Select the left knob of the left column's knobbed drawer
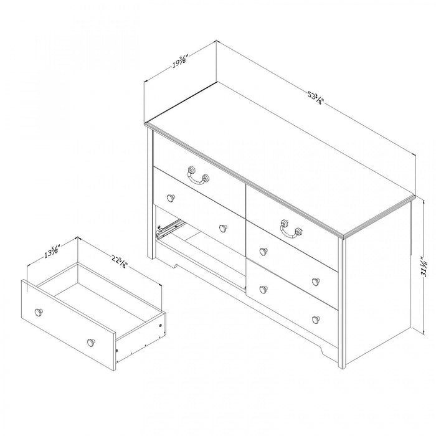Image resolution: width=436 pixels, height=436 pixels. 171,197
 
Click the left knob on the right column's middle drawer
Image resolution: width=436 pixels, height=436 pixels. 263,252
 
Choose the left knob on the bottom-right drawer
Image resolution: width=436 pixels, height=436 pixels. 263,289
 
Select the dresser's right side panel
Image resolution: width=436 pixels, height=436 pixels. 377,287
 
